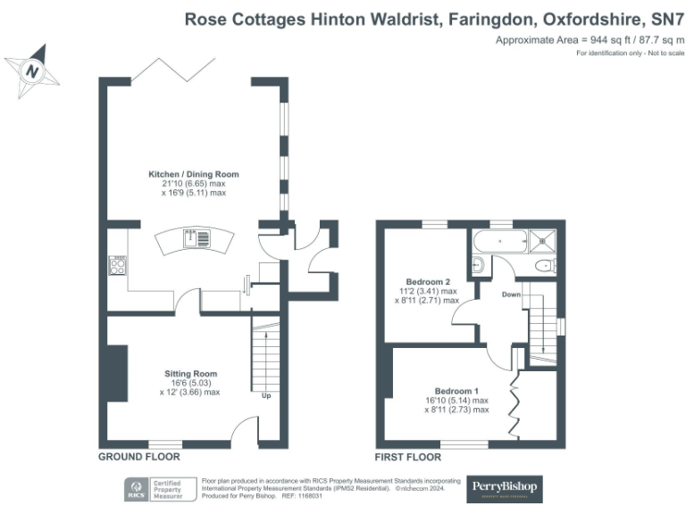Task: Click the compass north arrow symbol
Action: click(33, 70)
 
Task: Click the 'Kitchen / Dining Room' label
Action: click(194, 174)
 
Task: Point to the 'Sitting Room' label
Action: click(190, 373)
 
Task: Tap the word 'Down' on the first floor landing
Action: click(511, 294)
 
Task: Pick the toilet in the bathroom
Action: click(542, 266)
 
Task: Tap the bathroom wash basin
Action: click(477, 264)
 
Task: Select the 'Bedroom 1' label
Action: click(456, 391)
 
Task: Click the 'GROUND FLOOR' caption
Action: click(135, 457)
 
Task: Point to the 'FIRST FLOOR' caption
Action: click(409, 457)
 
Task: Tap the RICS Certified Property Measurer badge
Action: click(161, 489)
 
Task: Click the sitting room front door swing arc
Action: click(243, 433)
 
